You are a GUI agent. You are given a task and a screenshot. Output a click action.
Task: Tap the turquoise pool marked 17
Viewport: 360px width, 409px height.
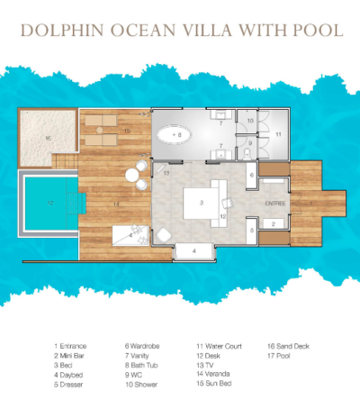click(49, 203)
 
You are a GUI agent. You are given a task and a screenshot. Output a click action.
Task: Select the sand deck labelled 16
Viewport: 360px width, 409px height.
click(47, 138)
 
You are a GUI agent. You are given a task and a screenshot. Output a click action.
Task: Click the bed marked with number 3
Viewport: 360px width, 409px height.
click(202, 200)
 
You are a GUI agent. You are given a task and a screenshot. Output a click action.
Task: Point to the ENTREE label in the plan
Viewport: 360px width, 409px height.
click(274, 204)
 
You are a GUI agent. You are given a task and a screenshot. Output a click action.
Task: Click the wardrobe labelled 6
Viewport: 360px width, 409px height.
click(252, 176)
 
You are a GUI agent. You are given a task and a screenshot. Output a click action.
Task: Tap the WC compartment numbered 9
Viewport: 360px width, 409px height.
click(250, 145)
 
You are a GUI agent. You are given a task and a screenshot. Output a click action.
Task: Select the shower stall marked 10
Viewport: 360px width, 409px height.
click(250, 121)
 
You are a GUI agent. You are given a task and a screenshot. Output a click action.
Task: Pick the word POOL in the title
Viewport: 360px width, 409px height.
click(317, 30)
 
